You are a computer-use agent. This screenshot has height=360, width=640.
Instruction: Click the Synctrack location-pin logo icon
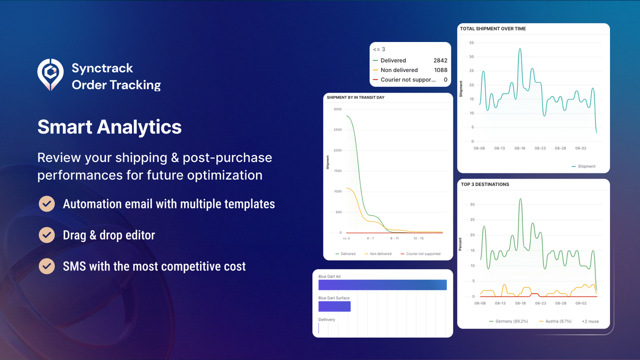click(x=50, y=74)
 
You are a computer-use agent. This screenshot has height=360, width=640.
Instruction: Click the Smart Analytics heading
click(x=109, y=126)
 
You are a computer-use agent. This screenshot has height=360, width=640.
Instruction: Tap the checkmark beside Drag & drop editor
click(x=46, y=234)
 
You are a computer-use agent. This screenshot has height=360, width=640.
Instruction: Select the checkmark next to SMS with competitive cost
click(x=46, y=265)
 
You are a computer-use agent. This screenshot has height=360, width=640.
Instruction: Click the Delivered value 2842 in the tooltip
click(x=440, y=60)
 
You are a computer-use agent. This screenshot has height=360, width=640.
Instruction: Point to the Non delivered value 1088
click(x=440, y=70)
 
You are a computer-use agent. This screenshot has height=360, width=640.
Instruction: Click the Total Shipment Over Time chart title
click(x=493, y=29)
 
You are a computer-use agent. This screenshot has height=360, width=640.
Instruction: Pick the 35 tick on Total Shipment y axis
click(x=471, y=42)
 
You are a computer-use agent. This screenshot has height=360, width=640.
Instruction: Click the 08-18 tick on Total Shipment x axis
click(x=520, y=148)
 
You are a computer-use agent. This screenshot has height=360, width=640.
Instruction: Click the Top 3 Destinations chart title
click(x=485, y=184)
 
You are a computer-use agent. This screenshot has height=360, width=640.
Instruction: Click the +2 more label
click(x=590, y=321)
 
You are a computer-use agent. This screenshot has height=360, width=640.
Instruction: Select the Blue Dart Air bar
click(x=382, y=284)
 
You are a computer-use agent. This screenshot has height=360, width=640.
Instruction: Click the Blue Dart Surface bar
click(x=334, y=306)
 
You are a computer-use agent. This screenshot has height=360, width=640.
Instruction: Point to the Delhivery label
click(x=326, y=319)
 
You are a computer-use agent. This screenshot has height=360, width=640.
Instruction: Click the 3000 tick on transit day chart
click(x=337, y=109)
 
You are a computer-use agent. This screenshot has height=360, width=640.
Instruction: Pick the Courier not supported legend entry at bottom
click(x=423, y=254)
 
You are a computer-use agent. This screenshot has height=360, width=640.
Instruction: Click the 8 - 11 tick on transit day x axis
click(x=394, y=238)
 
